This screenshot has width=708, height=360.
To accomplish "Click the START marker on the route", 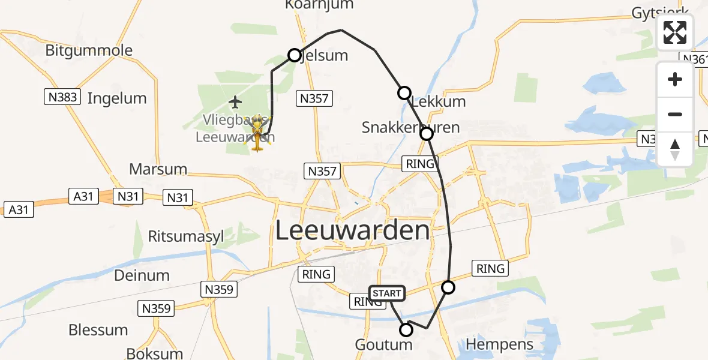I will point(387,293).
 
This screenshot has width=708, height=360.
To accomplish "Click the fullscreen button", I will point(675,32).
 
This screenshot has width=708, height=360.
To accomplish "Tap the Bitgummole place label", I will point(89,50).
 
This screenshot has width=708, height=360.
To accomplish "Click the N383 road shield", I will point(62,96).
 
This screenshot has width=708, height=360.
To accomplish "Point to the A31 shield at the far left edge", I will point(19,209).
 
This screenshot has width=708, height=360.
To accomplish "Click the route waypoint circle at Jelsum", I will point(295,55).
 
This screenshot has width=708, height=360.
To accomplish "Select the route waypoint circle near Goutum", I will point(406,329).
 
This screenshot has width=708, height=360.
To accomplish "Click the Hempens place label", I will point(499,344).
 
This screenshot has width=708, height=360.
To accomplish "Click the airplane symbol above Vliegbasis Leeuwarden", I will point(235,101).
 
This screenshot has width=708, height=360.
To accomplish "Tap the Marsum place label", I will point(158,169).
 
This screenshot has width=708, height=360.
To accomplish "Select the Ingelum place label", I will point(117,98).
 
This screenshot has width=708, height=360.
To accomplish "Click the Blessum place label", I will point(98,329).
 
